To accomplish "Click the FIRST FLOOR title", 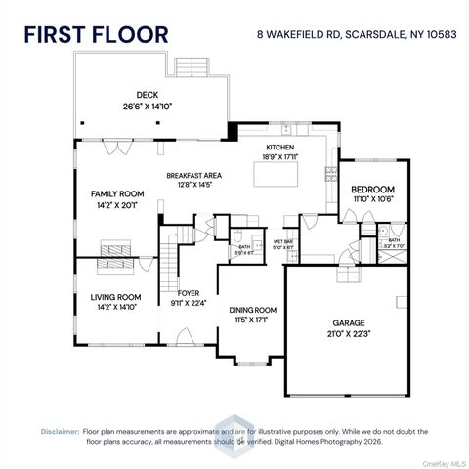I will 96,34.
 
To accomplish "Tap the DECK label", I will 147,95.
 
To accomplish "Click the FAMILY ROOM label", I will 117,193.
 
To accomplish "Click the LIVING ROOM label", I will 116,296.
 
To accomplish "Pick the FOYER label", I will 189,292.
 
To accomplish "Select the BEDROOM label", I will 372,189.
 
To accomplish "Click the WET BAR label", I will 285,240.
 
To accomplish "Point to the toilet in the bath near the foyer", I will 237,234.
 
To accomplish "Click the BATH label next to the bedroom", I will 393,240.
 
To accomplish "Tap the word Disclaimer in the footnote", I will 60,431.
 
